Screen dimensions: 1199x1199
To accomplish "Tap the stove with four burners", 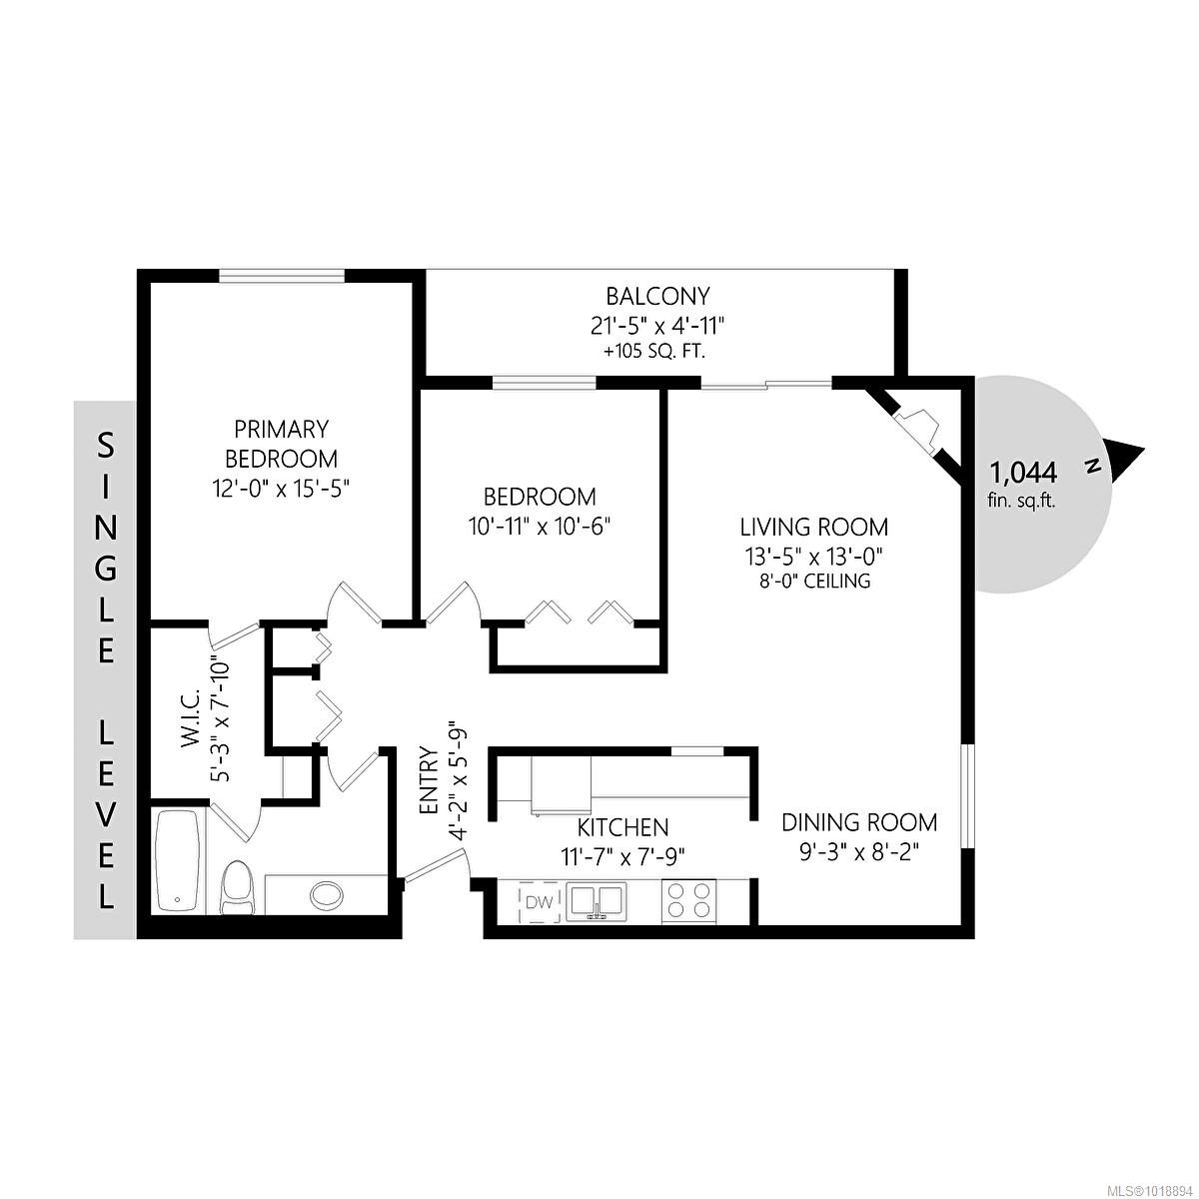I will pyautogui.click(x=688, y=899).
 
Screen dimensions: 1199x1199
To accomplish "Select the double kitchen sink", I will pyautogui.click(x=597, y=902).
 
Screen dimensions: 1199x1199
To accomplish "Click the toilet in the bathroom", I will pyautogui.click(x=238, y=887).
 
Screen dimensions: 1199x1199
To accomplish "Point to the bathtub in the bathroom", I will pyautogui.click(x=179, y=860).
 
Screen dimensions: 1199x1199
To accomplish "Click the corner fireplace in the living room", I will pyautogui.click(x=916, y=424).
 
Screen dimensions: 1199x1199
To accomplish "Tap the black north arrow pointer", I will pyautogui.click(x=1126, y=459).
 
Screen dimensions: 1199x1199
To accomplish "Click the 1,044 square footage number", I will pyautogui.click(x=1022, y=472).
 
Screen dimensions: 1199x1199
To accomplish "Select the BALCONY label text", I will pyautogui.click(x=657, y=297).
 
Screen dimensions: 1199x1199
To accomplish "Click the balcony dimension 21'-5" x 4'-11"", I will pyautogui.click(x=656, y=326).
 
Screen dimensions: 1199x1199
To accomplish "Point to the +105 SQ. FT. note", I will pyautogui.click(x=656, y=352).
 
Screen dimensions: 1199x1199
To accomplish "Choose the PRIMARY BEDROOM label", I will pyautogui.click(x=281, y=445).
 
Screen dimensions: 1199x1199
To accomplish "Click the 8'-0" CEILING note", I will pyautogui.click(x=813, y=581).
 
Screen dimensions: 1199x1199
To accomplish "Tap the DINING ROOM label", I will pyautogui.click(x=859, y=822).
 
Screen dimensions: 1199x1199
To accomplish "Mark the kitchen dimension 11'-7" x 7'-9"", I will pyautogui.click(x=622, y=856).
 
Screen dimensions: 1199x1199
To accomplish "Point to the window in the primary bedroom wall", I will pyautogui.click(x=283, y=277).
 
